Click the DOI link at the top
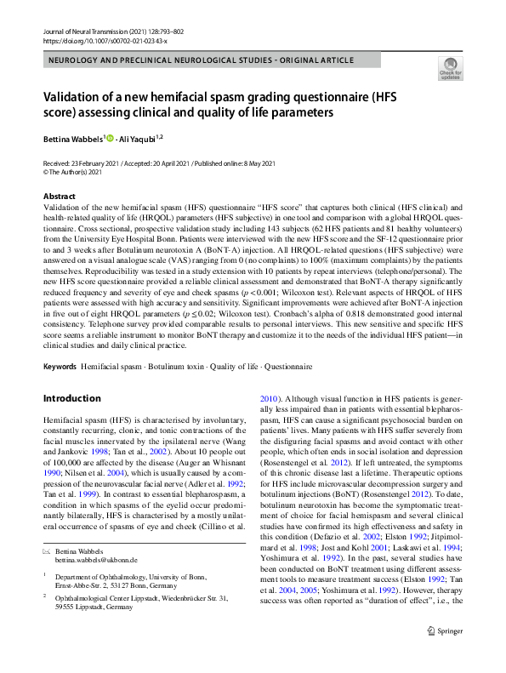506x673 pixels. pos(105,41)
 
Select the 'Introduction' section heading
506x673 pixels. pos(71,398)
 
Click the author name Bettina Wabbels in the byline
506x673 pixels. pos(73,139)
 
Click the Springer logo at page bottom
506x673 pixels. pos(446,654)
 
